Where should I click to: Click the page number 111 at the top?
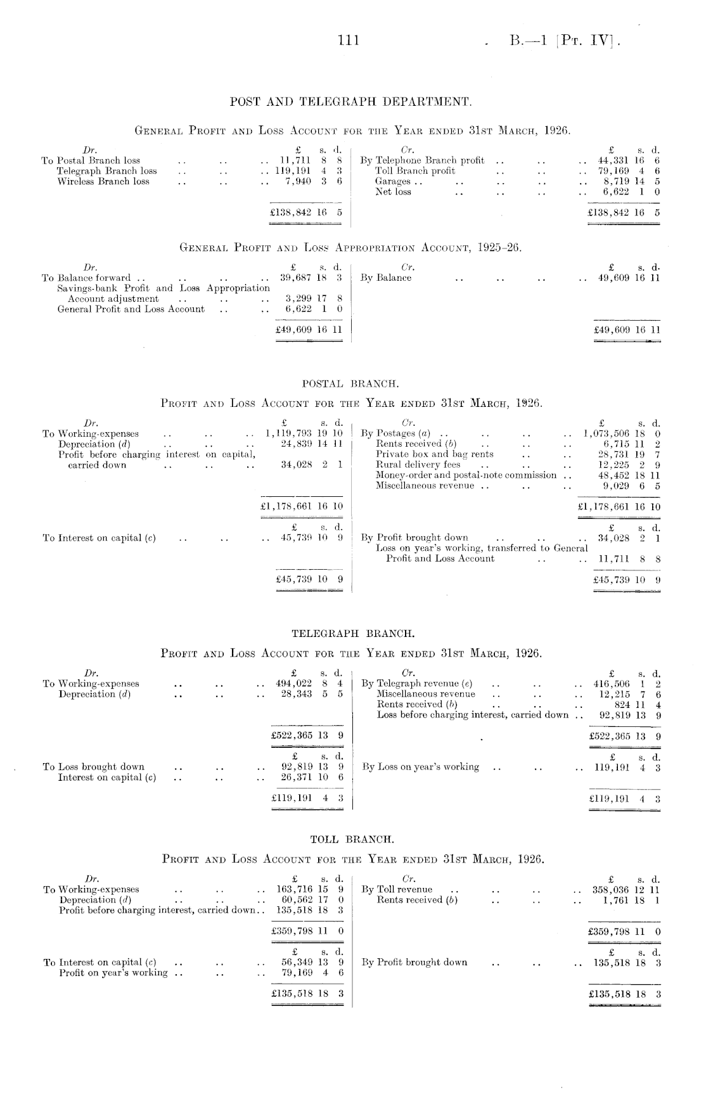349,41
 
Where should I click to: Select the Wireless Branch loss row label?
103,181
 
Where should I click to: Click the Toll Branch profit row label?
415,171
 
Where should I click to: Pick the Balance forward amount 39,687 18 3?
311,278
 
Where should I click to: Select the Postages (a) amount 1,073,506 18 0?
623,434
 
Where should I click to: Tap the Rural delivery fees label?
418,465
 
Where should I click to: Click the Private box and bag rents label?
435,454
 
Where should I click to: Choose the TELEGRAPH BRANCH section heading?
352,633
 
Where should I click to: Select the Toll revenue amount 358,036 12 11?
626,889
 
